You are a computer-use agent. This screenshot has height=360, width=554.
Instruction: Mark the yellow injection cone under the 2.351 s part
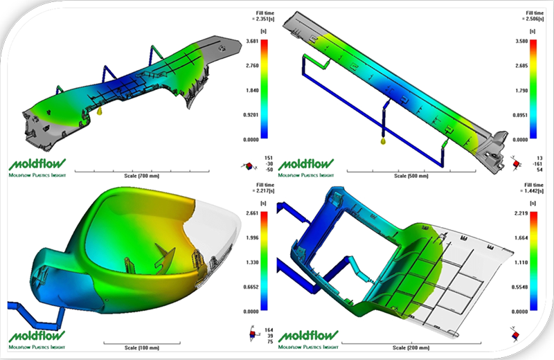(x=100, y=110)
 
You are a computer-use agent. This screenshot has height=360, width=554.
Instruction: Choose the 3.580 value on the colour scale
(x=524, y=42)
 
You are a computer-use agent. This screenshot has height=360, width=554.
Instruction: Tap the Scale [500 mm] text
(x=409, y=177)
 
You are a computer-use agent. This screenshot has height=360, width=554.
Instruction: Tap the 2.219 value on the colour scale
(x=524, y=214)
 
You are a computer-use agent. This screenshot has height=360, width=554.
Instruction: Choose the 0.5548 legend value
(x=524, y=287)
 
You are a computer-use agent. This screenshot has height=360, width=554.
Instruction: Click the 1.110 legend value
(x=524, y=262)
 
